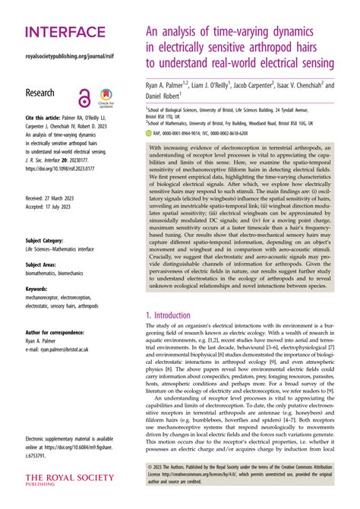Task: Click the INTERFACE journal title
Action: click(x=65, y=32)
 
